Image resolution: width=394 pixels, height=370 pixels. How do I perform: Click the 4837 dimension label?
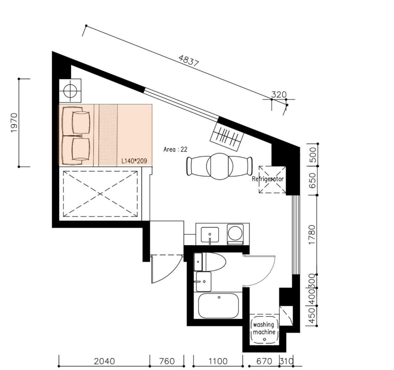tap(189, 61)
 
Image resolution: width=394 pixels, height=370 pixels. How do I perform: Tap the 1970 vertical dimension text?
tap(14, 123)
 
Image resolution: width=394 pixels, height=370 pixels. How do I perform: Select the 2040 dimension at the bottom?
tap(104, 361)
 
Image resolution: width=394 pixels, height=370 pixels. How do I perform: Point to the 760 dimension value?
tap(167, 361)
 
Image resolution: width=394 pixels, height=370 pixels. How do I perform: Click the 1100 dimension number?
tap(218, 361)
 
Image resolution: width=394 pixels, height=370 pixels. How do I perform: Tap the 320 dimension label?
tap(279, 94)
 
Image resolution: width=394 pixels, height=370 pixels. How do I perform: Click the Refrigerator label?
tap(268, 179)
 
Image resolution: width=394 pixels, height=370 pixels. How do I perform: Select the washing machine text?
tap(264, 328)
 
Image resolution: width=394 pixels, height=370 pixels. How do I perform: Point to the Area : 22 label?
tap(175, 149)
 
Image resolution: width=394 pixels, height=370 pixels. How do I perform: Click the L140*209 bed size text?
tap(134, 161)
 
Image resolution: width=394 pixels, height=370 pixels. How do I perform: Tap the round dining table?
tap(220, 166)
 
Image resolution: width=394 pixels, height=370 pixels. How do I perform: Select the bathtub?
tap(218, 306)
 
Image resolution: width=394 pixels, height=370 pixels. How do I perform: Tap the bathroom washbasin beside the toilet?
tap(204, 281)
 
